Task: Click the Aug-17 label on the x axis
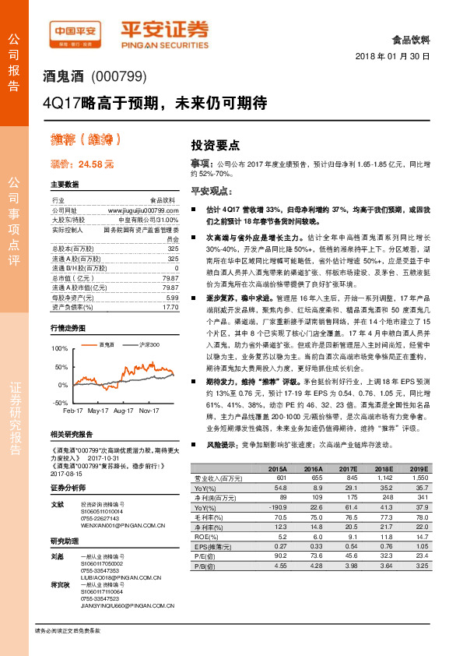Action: pyautogui.click(x=125, y=410)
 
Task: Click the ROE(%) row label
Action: pyautogui.click(x=205, y=536)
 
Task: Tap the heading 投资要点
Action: pyautogui.click(x=215, y=145)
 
